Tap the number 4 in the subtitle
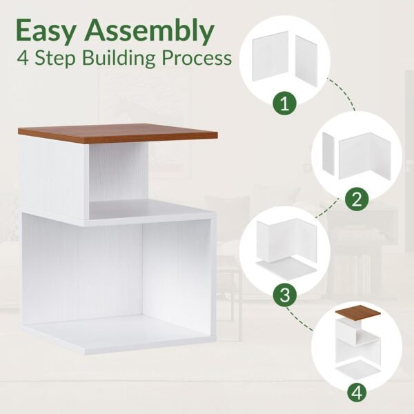point(23,58)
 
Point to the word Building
point(119,59)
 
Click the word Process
point(197,59)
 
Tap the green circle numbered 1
point(284,104)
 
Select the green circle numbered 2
point(357,199)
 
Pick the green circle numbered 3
point(284,295)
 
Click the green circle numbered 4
point(357,393)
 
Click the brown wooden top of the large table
point(118,133)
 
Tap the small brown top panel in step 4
point(357,313)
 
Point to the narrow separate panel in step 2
point(328,153)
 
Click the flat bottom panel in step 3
point(286,268)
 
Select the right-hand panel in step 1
point(306,59)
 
